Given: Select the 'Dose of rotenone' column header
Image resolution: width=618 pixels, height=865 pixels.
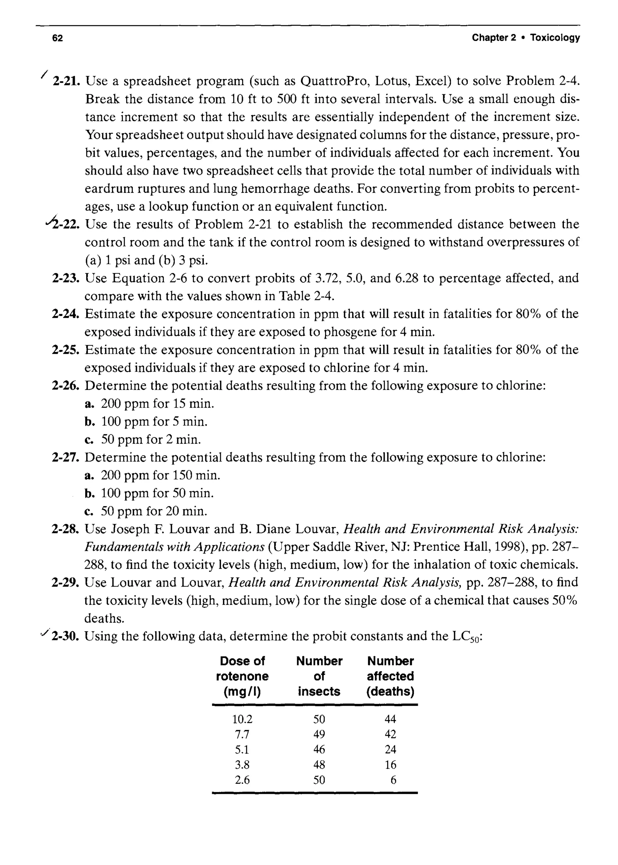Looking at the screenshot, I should click(242, 676).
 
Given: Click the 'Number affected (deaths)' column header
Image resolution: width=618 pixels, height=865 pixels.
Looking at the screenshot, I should click(390, 676).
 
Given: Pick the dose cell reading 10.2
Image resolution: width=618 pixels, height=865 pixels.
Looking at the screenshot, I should click(242, 719).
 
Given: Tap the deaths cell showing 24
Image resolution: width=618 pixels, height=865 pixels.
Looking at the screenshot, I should click(390, 749).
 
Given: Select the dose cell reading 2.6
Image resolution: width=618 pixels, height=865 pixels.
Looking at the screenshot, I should click(242, 780).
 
